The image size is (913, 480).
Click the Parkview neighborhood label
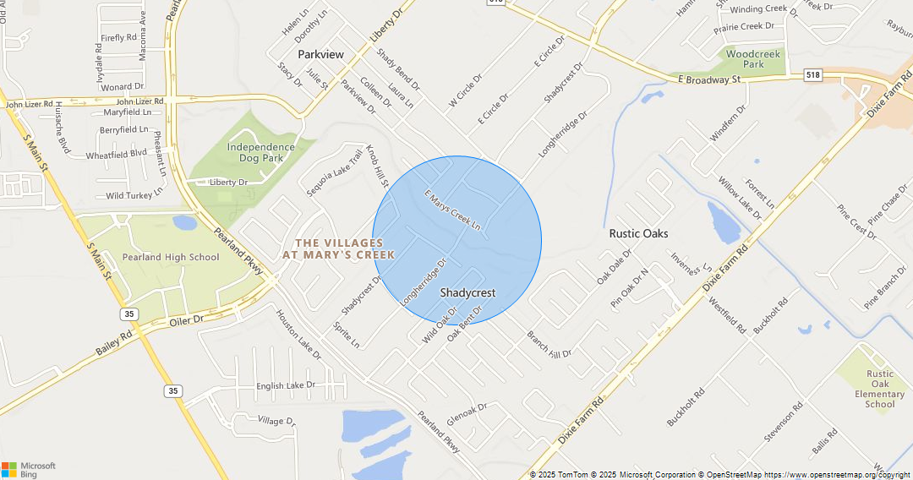click(320, 54)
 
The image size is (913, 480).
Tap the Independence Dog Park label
click(260, 152)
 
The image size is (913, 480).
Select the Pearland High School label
click(170, 257)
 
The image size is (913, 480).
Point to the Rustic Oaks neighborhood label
click(638, 233)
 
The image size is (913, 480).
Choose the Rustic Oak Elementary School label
click(879, 389)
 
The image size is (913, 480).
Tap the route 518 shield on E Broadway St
click(813, 75)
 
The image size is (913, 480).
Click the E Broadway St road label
click(708, 79)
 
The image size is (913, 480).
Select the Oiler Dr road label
click(187, 320)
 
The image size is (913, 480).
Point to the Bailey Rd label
click(114, 342)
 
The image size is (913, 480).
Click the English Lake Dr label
click(285, 385)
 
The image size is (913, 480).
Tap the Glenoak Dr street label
click(467, 412)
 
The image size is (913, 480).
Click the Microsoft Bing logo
click(29, 470)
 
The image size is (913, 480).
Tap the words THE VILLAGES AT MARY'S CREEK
click(338, 248)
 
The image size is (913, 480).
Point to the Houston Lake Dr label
click(298, 334)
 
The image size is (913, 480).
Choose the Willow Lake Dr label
click(740, 198)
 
